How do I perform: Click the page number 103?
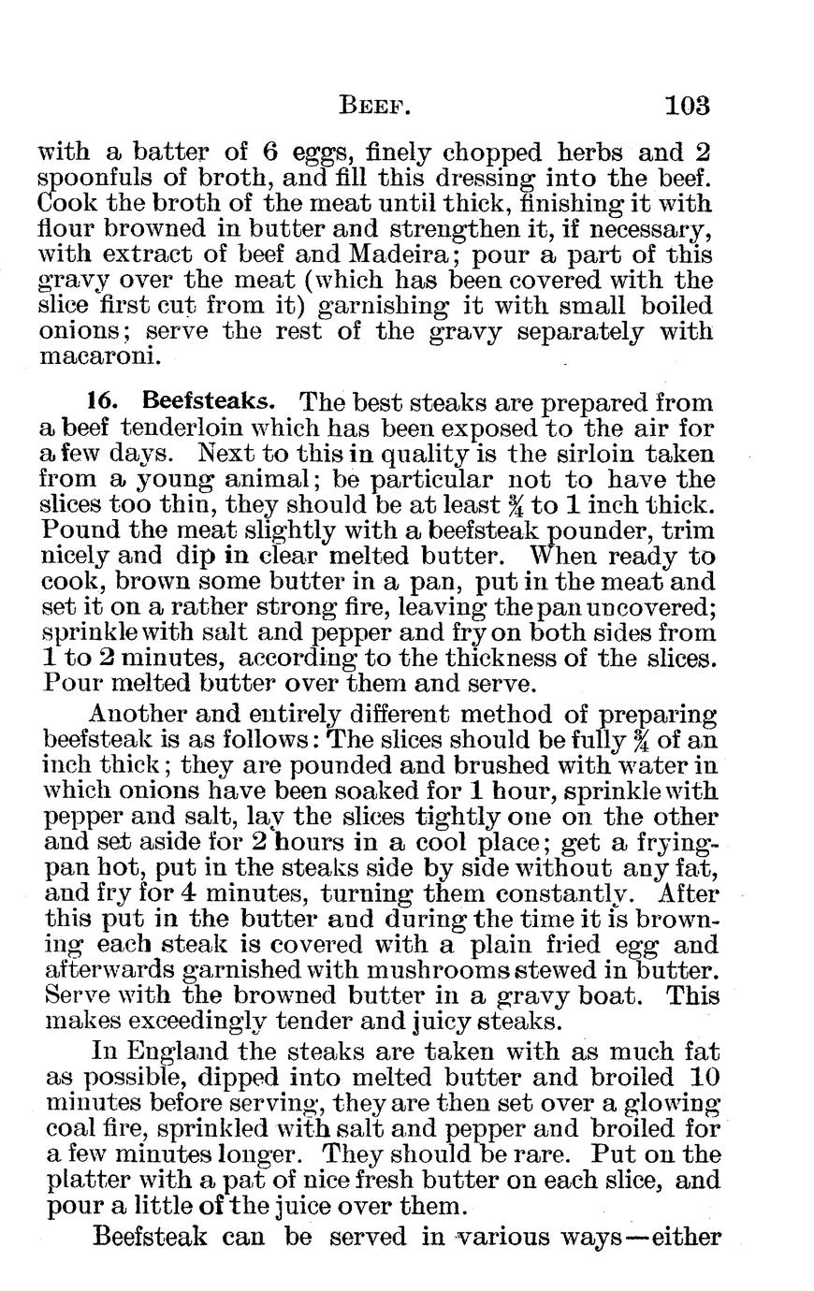coord(688,104)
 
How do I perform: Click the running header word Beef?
coord(373,105)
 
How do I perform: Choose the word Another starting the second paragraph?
coord(147,715)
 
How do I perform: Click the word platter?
coord(89,1181)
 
